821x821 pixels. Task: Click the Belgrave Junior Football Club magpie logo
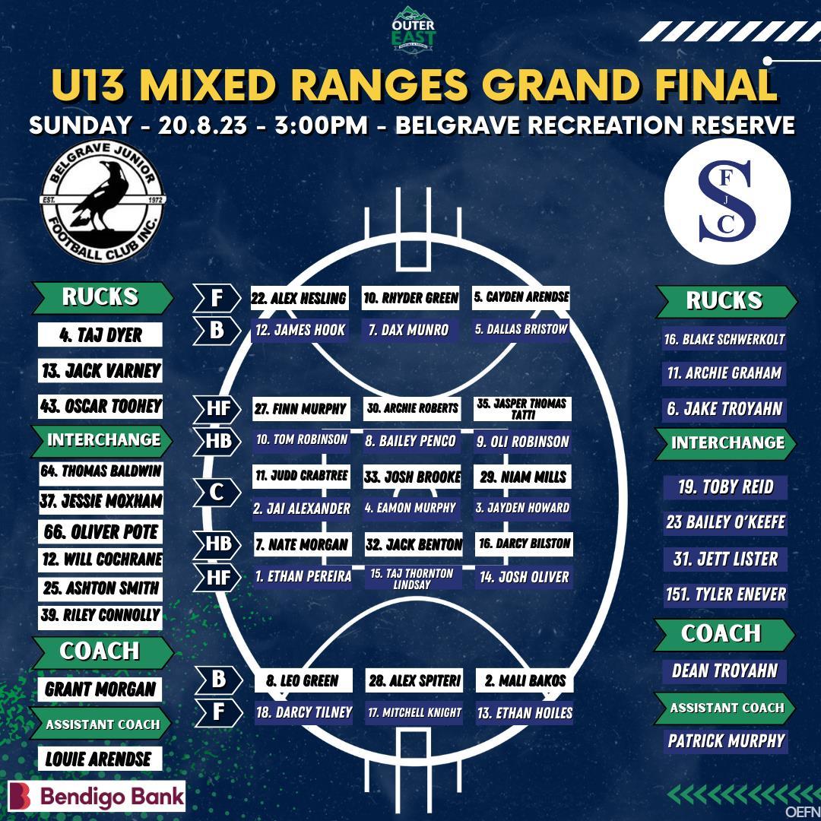pyautogui.click(x=102, y=201)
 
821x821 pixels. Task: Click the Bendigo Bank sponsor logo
pyautogui.click(x=97, y=796)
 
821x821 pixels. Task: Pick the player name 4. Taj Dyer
pyautogui.click(x=100, y=335)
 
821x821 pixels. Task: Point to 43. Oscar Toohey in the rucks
pyautogui.click(x=100, y=406)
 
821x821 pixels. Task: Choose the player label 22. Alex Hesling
pyautogui.click(x=300, y=298)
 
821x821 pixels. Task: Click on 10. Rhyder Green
pyautogui.click(x=411, y=298)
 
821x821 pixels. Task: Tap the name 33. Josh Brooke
pyautogui.click(x=412, y=477)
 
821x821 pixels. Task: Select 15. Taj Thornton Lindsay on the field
pyautogui.click(x=411, y=579)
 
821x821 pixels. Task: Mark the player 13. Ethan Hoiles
pyautogui.click(x=525, y=713)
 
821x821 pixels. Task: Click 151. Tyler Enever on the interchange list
pyautogui.click(x=725, y=594)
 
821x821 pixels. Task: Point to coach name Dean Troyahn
pyautogui.click(x=724, y=671)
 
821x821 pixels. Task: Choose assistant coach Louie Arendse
pyautogui.click(x=99, y=759)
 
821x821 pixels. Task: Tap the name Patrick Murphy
pyautogui.click(x=726, y=740)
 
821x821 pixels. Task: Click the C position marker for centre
pyautogui.click(x=217, y=492)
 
